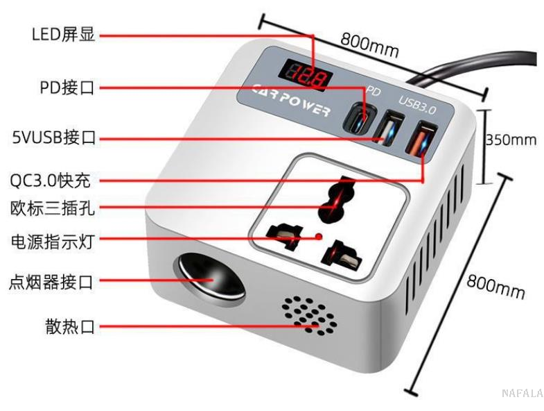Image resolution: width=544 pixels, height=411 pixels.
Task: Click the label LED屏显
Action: point(63,35)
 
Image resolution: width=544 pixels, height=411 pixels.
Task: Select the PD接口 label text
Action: point(67,87)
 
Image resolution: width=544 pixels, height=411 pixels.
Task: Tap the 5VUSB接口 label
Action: point(53,138)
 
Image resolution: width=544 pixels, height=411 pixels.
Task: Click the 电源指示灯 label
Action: point(51,242)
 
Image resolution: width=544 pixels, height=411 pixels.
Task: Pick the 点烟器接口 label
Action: point(51,283)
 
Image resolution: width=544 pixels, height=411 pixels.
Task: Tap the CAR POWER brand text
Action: point(291,101)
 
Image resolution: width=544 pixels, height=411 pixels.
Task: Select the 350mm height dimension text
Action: point(511,140)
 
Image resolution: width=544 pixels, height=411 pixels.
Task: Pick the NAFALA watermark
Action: point(522,393)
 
